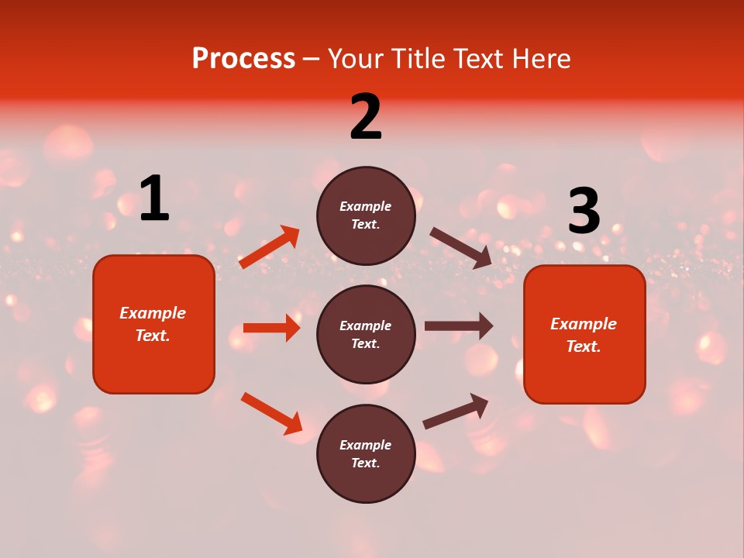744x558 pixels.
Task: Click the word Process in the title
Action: pos(243,59)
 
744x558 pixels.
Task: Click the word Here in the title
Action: pos(539,59)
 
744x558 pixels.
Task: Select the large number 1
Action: pos(154,199)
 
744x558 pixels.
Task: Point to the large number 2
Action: pos(366,117)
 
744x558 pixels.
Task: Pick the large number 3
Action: pos(584,212)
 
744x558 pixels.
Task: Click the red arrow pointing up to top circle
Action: pos(270,247)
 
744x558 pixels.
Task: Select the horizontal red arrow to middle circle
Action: pos(271,328)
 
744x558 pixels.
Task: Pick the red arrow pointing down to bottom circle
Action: pos(271,413)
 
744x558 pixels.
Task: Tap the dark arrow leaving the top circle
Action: pos(461,248)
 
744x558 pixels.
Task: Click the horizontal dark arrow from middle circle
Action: pos(459,325)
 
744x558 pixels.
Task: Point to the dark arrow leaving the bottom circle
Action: pos(456,411)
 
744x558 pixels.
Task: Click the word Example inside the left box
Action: pos(153,313)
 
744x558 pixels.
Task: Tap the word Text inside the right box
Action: pos(583,346)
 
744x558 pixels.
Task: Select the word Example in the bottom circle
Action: pos(365,445)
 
